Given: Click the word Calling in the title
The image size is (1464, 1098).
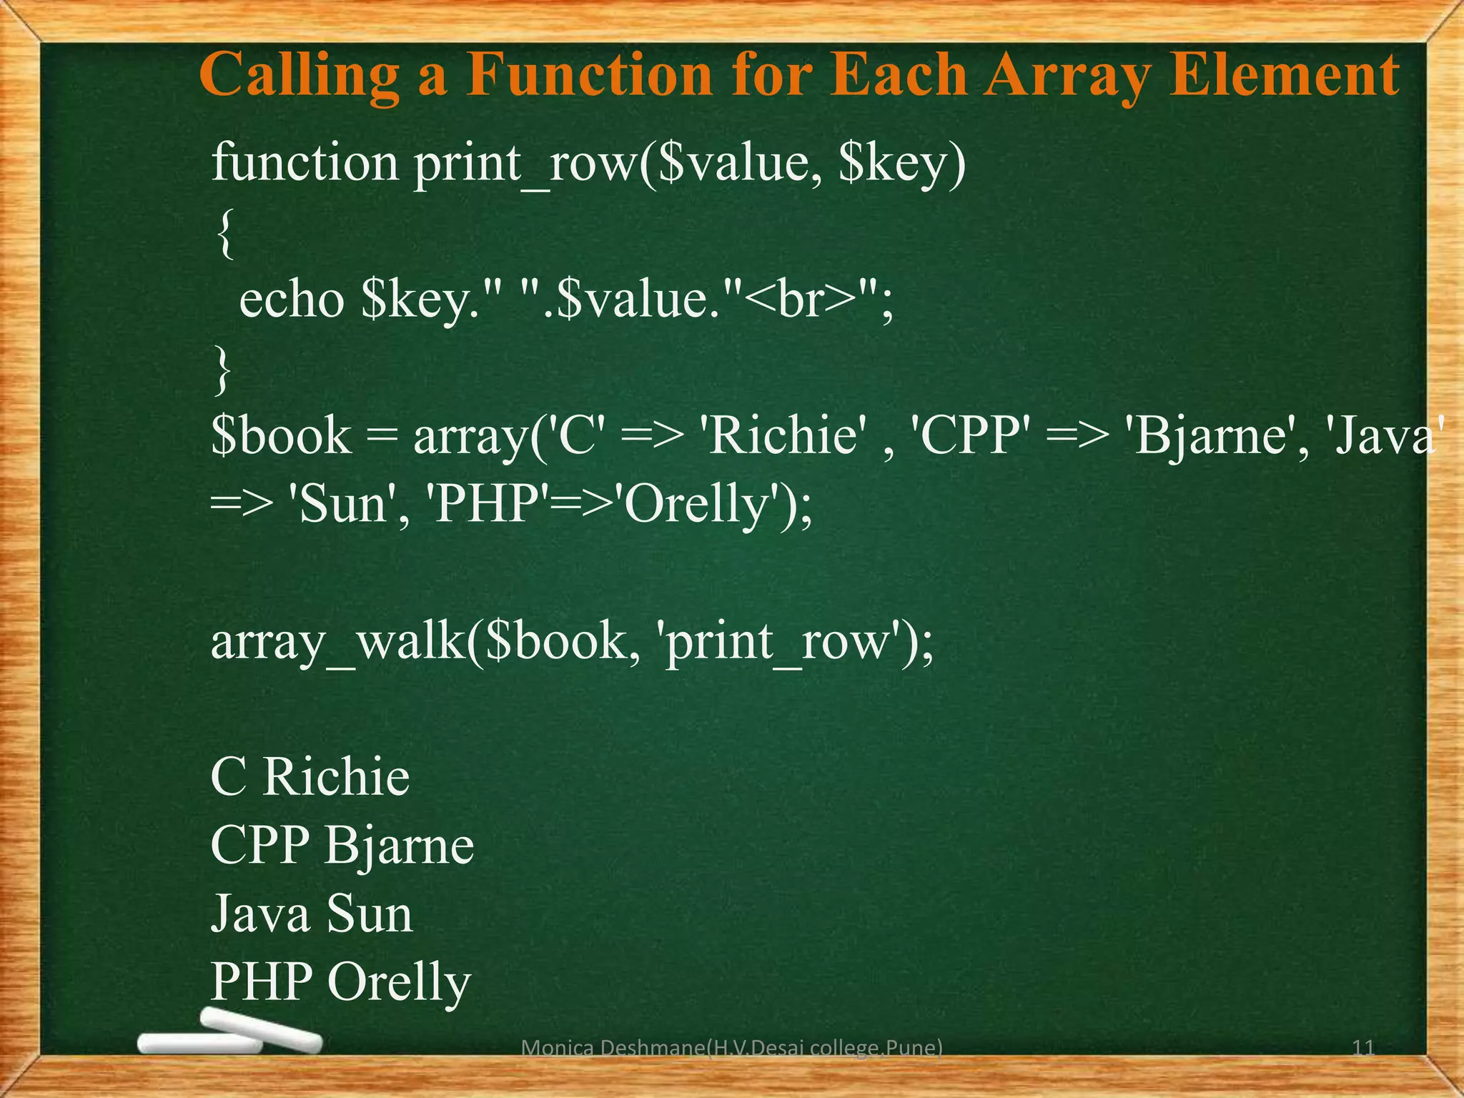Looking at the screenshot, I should click(x=299, y=76).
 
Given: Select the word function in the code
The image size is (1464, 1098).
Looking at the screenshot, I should click(x=305, y=163).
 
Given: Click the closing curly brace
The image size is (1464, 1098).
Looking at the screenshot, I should click(x=223, y=369).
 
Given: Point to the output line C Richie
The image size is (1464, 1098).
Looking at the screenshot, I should click(x=310, y=776).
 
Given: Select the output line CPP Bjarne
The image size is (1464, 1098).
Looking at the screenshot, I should click(x=342, y=845).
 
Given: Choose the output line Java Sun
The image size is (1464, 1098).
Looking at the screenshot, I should click(x=312, y=914).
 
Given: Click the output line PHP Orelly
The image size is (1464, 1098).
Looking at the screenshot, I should click(x=340, y=982).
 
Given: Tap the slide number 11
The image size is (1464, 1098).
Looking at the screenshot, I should click(x=1363, y=1048).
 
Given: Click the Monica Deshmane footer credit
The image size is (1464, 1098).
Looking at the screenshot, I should click(x=732, y=1048).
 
